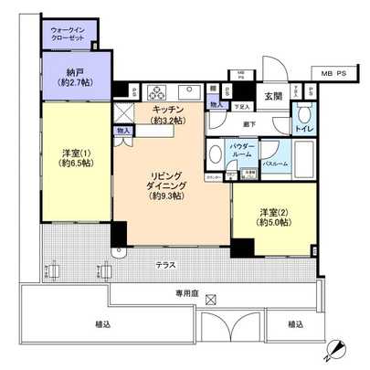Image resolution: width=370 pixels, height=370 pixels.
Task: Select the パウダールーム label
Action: coord(247,150)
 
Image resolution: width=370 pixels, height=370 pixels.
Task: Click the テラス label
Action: coord(166,265)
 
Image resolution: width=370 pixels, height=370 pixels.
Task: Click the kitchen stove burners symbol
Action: coord(156,91)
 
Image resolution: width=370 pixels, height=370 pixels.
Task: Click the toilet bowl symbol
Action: coord(303,114)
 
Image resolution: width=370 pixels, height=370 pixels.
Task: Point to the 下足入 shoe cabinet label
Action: coord(242,105)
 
